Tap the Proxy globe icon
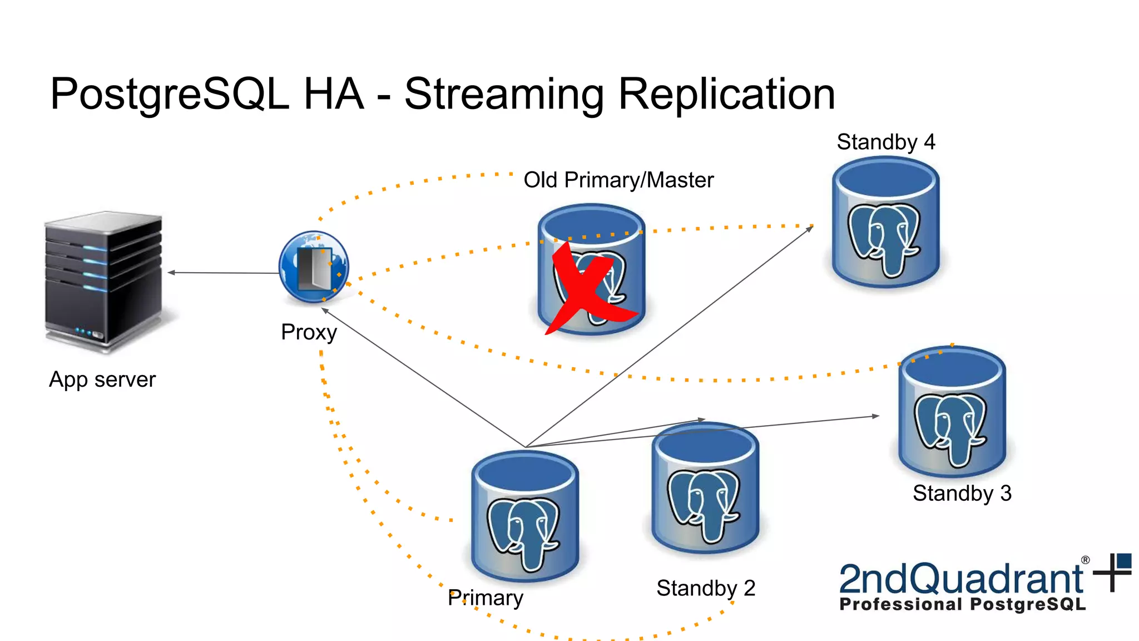point(314,267)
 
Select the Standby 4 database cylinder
point(885,223)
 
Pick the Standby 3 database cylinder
point(952,412)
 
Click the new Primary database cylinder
point(525,517)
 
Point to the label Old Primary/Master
point(618,180)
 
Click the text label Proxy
point(309,332)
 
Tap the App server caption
point(102,379)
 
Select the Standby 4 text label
point(886,142)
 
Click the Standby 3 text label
point(962,493)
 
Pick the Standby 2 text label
point(706,588)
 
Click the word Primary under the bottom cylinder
point(486,598)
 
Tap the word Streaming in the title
point(504,95)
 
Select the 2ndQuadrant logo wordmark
point(960,579)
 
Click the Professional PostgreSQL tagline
point(962,604)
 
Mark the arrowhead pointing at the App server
point(171,273)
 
